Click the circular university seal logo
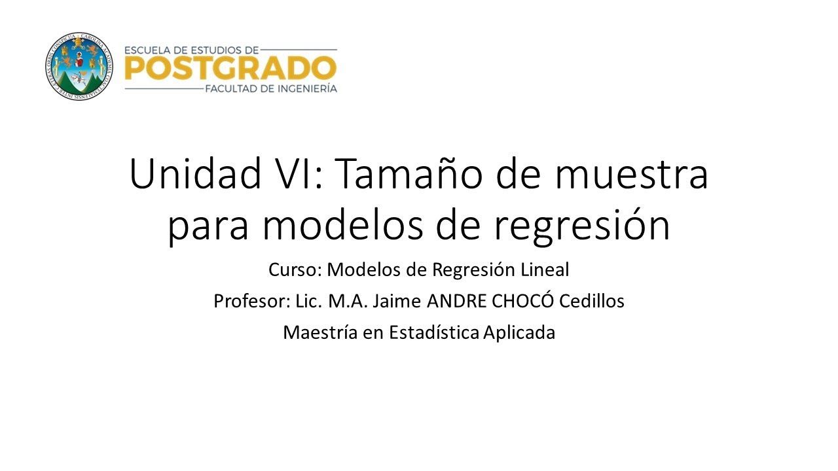(79, 66)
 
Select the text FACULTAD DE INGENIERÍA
(270, 88)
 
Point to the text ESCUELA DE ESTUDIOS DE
(192, 49)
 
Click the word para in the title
(206, 226)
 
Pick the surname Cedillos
(596, 301)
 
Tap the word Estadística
(434, 332)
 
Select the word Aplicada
(519, 332)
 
